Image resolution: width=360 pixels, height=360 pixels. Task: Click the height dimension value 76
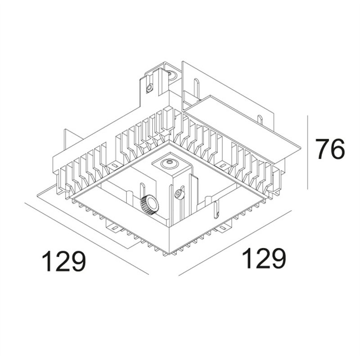(330, 149)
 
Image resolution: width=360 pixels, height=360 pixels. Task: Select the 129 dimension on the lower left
(63, 261)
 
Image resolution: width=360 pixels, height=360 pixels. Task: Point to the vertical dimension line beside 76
(308, 153)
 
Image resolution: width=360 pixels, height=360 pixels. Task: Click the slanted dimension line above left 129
(86, 239)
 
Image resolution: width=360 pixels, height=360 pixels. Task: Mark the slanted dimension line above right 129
(235, 243)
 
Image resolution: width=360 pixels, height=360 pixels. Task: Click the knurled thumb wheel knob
(149, 205)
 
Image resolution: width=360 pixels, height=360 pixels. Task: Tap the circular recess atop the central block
(170, 164)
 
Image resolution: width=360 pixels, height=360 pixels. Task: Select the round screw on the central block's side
(179, 194)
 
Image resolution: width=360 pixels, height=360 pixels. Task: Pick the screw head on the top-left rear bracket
(150, 87)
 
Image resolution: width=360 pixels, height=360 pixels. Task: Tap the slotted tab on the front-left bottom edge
(114, 227)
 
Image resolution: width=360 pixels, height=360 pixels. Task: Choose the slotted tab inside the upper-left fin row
(113, 166)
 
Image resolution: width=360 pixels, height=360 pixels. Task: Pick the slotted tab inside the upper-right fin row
(222, 165)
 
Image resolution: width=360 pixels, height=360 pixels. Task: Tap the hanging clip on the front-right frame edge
(216, 209)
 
